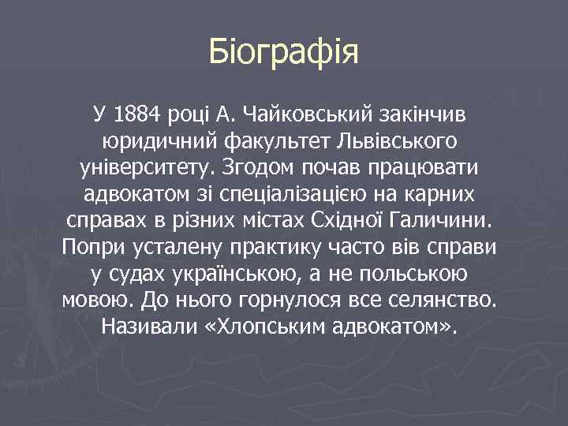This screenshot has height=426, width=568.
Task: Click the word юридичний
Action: tap(163, 143)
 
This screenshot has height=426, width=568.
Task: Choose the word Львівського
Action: tap(395, 143)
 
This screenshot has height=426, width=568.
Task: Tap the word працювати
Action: tap(427, 169)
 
